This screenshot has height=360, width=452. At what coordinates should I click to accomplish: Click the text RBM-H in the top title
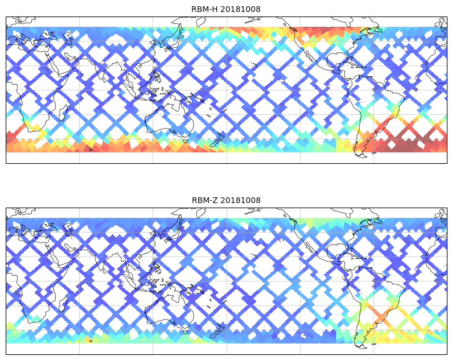coord(204,9)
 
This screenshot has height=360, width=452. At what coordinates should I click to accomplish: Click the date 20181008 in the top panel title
coord(240,9)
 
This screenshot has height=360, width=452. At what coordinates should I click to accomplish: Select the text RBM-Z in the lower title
coord(204,200)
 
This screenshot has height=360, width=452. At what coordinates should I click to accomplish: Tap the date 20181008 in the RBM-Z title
coord(240,200)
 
